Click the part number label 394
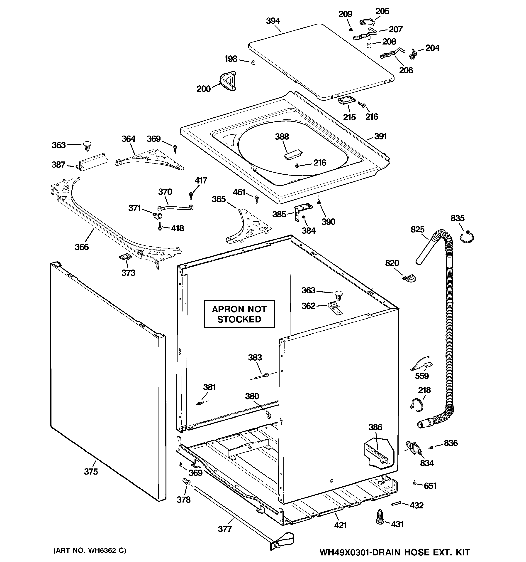273,21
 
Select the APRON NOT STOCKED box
239,314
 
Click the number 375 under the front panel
91,471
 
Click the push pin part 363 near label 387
86,146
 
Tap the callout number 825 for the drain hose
417,229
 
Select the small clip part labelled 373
124,256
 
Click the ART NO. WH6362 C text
90,550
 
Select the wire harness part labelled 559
421,366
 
